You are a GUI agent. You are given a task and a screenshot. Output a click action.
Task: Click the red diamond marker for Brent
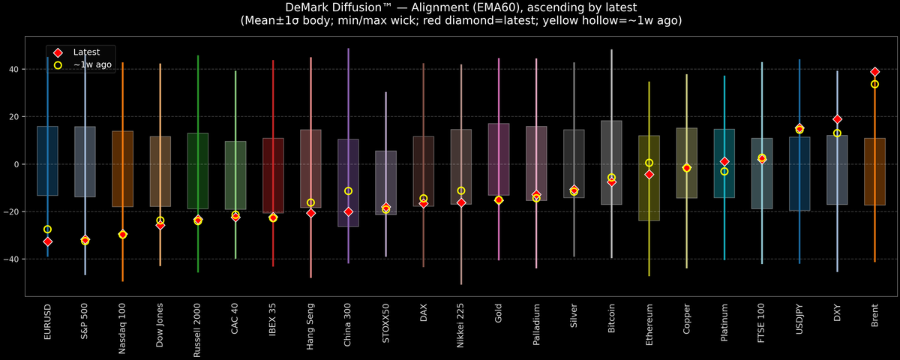(874, 72)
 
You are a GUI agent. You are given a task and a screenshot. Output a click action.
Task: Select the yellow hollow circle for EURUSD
(47, 229)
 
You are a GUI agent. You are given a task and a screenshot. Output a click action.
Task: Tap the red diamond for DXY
(837, 119)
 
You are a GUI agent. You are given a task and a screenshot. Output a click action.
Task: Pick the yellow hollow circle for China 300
(348, 191)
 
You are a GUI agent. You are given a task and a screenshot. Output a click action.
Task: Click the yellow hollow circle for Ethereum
(649, 163)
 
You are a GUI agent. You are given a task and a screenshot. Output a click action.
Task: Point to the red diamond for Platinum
(724, 162)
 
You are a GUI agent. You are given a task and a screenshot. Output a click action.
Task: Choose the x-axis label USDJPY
(799, 322)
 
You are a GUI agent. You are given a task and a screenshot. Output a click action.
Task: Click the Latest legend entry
(84, 52)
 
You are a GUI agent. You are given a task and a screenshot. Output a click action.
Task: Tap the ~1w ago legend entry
(91, 65)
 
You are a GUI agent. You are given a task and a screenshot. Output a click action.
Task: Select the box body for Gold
(499, 159)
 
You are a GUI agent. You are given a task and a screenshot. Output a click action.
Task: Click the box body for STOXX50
(385, 183)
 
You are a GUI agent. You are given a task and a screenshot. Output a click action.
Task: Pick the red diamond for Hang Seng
(310, 213)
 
